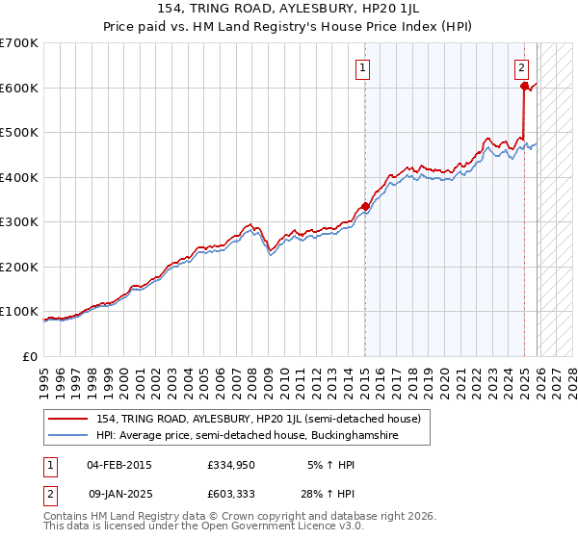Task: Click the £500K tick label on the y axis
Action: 19,133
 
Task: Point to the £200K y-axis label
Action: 19,267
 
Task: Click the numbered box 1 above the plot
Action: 363,67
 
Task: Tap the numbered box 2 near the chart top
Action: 521,67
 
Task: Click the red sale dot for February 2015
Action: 365,206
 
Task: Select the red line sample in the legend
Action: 69,419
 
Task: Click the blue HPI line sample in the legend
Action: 69,436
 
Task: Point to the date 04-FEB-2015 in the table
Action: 118,465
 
